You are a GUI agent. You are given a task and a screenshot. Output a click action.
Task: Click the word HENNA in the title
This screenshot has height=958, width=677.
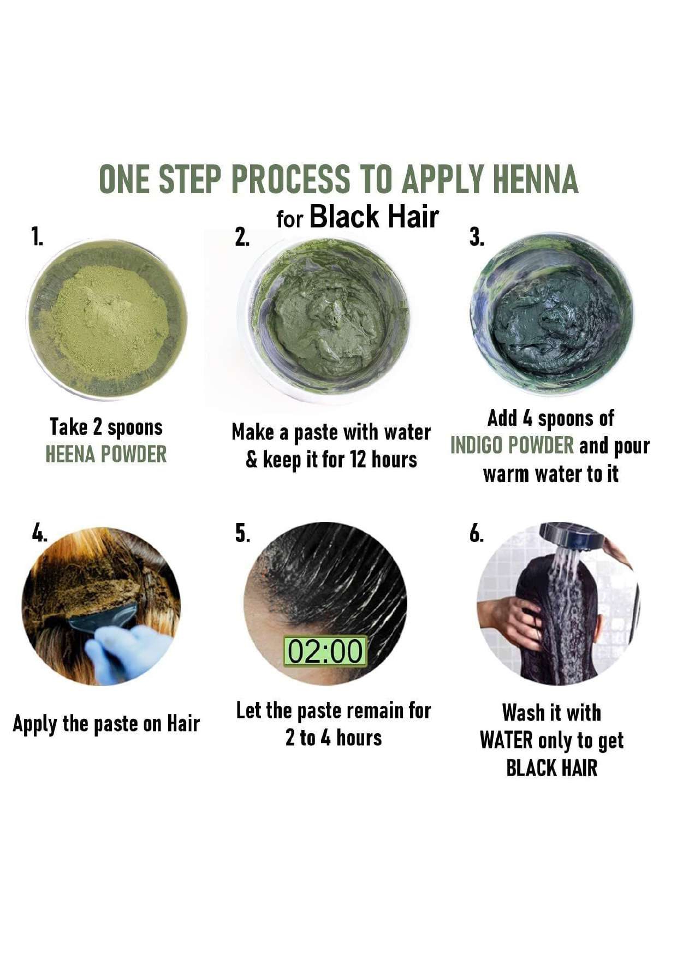(x=535, y=179)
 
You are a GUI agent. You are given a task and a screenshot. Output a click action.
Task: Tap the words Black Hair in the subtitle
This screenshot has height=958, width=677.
(x=374, y=217)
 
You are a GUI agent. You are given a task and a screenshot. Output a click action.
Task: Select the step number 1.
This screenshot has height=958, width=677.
(x=37, y=237)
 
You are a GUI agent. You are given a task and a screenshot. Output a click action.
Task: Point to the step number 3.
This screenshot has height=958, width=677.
(x=477, y=237)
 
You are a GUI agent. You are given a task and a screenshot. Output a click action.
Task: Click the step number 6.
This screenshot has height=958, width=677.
(x=477, y=533)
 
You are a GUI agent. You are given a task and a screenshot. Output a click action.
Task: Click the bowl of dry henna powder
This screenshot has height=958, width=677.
(x=107, y=319)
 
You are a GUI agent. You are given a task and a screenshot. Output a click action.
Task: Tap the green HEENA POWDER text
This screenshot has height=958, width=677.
(x=106, y=454)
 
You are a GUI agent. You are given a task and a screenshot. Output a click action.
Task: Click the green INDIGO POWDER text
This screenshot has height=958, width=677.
(x=512, y=445)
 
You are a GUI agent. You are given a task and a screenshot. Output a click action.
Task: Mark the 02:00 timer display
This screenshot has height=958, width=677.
(x=325, y=651)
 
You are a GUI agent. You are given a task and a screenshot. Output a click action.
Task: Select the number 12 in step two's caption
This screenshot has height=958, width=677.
(x=358, y=460)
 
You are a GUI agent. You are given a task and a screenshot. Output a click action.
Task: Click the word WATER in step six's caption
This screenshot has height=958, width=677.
(x=506, y=741)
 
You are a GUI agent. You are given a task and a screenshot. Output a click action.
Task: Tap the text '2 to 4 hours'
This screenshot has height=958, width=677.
(x=334, y=738)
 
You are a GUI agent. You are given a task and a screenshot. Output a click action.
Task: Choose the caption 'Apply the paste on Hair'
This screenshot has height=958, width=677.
(x=106, y=724)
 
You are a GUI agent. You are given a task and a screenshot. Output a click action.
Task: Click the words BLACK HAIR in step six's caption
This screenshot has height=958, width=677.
(x=551, y=768)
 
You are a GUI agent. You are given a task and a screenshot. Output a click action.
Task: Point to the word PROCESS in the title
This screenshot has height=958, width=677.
(x=290, y=179)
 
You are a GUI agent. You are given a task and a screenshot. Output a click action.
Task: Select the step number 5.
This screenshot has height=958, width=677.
(x=242, y=533)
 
